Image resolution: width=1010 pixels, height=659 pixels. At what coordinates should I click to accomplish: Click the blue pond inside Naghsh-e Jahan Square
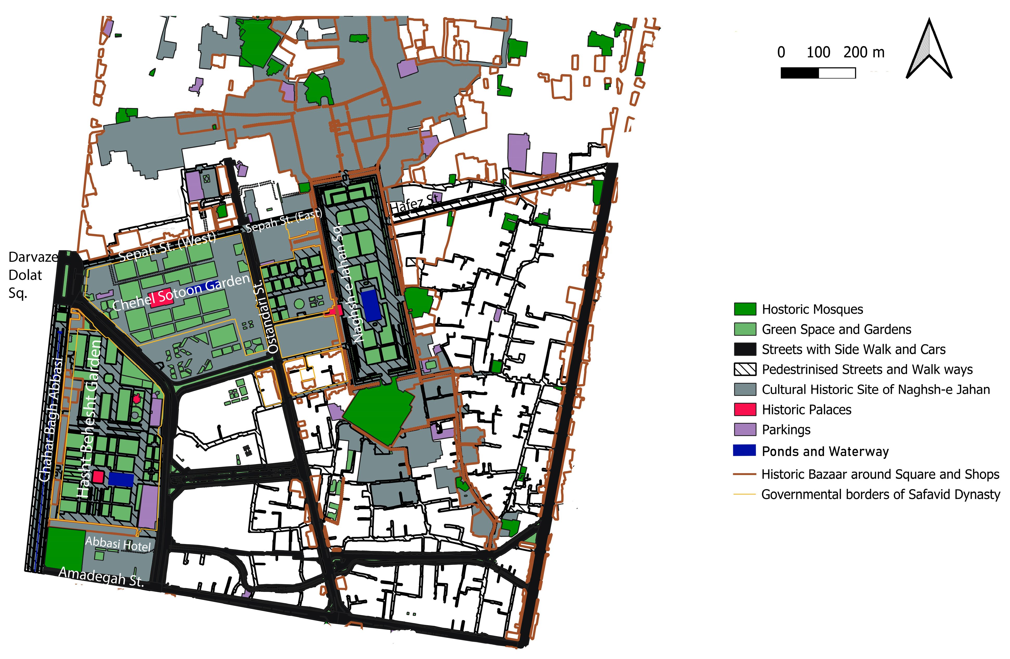373,305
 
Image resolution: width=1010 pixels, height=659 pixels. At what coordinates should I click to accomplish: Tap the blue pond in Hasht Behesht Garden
121,479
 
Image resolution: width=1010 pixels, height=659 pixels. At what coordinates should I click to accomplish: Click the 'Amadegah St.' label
101,577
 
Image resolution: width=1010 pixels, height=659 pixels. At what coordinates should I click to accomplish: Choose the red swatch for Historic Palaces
745,410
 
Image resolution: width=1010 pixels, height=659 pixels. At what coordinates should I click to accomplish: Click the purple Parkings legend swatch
745,430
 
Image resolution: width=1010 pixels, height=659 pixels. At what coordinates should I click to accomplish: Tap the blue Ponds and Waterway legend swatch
745,450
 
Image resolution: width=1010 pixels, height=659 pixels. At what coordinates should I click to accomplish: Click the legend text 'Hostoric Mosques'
812,309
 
